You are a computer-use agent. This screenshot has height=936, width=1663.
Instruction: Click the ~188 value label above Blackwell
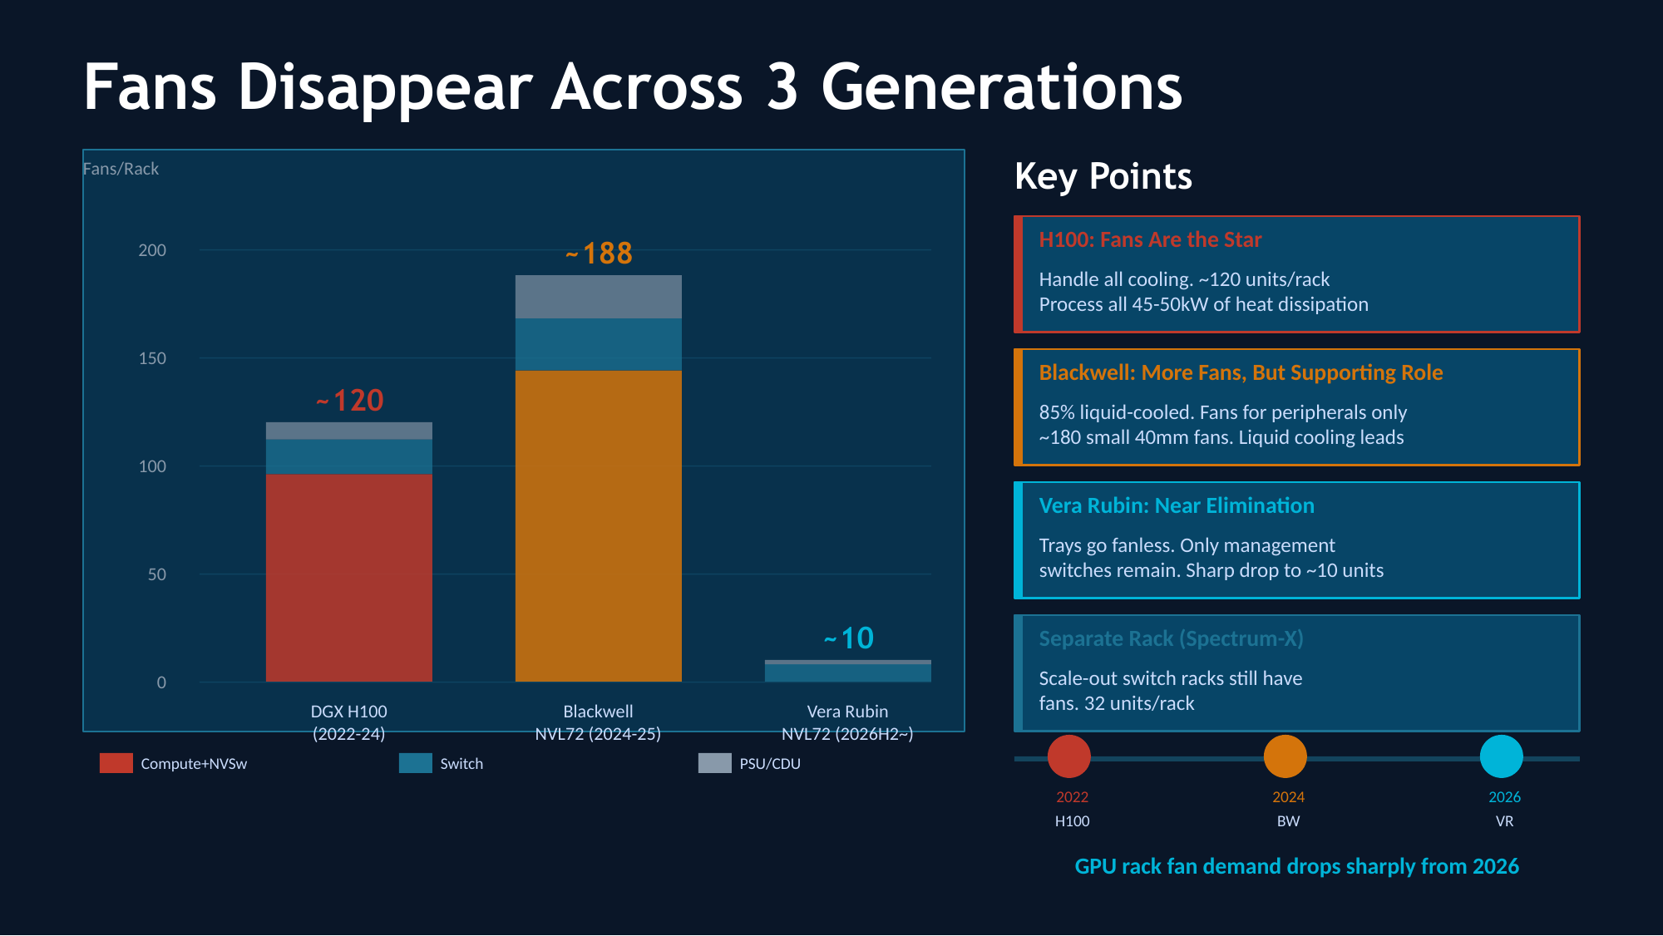(600, 254)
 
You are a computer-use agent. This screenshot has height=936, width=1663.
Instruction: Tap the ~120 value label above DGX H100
(350, 401)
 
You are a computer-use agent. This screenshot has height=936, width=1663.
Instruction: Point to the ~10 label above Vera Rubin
(849, 638)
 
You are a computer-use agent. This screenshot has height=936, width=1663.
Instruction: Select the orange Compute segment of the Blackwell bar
(599, 525)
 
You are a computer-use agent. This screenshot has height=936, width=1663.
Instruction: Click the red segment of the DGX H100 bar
(349, 578)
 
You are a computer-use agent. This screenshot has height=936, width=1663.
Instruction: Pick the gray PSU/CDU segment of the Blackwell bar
(599, 297)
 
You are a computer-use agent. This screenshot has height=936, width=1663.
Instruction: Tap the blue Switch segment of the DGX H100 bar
(349, 456)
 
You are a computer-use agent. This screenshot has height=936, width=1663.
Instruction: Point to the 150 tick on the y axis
(152, 358)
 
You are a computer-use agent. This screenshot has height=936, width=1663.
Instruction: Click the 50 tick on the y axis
(157, 574)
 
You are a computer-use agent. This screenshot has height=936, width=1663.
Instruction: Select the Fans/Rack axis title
(121, 169)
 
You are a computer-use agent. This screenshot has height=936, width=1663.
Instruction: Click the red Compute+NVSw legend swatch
(116, 763)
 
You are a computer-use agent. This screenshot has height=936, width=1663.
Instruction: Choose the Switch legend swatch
(416, 763)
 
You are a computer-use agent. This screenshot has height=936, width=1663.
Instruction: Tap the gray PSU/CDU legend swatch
(715, 763)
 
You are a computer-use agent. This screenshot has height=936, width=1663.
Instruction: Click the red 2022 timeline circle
(1069, 756)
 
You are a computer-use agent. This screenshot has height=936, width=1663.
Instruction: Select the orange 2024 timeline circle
(1285, 756)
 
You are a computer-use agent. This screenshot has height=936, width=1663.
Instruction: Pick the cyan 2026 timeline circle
(1502, 756)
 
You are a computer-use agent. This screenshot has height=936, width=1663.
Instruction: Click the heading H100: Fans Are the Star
(1150, 240)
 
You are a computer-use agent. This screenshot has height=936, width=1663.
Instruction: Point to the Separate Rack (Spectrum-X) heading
(1171, 639)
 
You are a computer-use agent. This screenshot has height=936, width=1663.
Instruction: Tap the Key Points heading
(1103, 176)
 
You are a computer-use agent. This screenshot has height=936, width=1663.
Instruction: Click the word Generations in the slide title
(1002, 87)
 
